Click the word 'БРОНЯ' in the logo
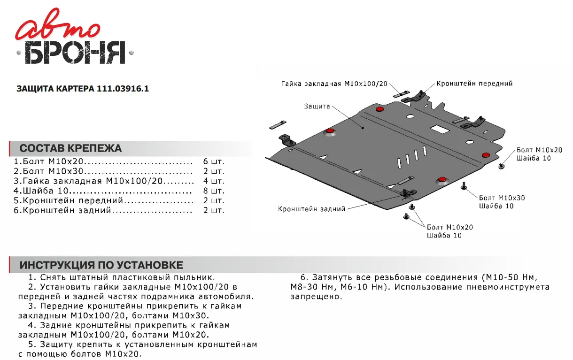tap(75, 53)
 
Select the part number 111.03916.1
tap(123, 89)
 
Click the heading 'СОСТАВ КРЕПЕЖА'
tap(70, 149)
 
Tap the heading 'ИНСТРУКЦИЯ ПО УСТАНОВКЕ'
tap(101, 265)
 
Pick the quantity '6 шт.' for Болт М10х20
tap(214, 161)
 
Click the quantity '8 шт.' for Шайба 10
tap(214, 191)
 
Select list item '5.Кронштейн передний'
tap(71, 201)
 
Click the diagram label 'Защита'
tap(317, 106)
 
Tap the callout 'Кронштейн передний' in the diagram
tap(474, 84)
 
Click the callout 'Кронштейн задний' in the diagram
tap(311, 208)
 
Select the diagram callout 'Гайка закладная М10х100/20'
tap(334, 84)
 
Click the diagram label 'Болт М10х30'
tap(502, 198)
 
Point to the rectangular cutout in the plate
tap(440, 128)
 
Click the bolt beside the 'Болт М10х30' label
tap(464, 186)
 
